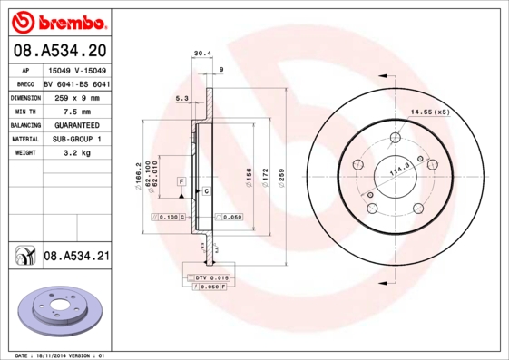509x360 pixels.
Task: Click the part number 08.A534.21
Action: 76,257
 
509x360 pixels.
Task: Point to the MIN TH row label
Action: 24,111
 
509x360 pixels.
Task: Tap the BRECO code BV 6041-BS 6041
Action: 77,83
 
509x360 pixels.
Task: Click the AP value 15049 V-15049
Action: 77,70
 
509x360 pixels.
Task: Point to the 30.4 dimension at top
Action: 202,54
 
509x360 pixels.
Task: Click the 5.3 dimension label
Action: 181,98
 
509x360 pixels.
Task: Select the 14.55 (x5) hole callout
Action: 430,112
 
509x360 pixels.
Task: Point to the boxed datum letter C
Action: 206,191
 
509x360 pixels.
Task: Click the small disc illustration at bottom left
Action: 57,309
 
